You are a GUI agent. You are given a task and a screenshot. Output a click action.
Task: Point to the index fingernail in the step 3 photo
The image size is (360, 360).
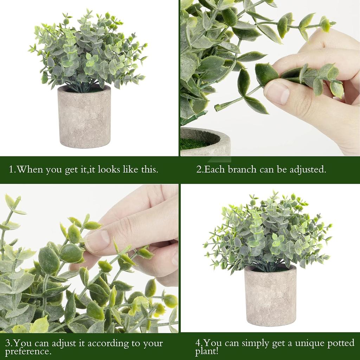(x=97, y=240)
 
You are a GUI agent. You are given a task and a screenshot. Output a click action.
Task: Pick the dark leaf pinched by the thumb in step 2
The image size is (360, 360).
(x=266, y=74)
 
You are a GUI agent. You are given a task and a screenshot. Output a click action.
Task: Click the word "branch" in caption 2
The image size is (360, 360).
(x=242, y=169)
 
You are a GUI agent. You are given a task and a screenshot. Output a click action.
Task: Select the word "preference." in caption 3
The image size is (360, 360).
(x=28, y=351)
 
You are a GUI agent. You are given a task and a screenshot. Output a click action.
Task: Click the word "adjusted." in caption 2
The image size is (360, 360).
(x=308, y=169)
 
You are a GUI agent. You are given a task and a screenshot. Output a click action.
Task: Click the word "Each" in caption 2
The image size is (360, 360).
(x=215, y=169)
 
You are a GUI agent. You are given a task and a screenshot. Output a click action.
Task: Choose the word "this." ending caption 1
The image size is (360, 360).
(x=148, y=169)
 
